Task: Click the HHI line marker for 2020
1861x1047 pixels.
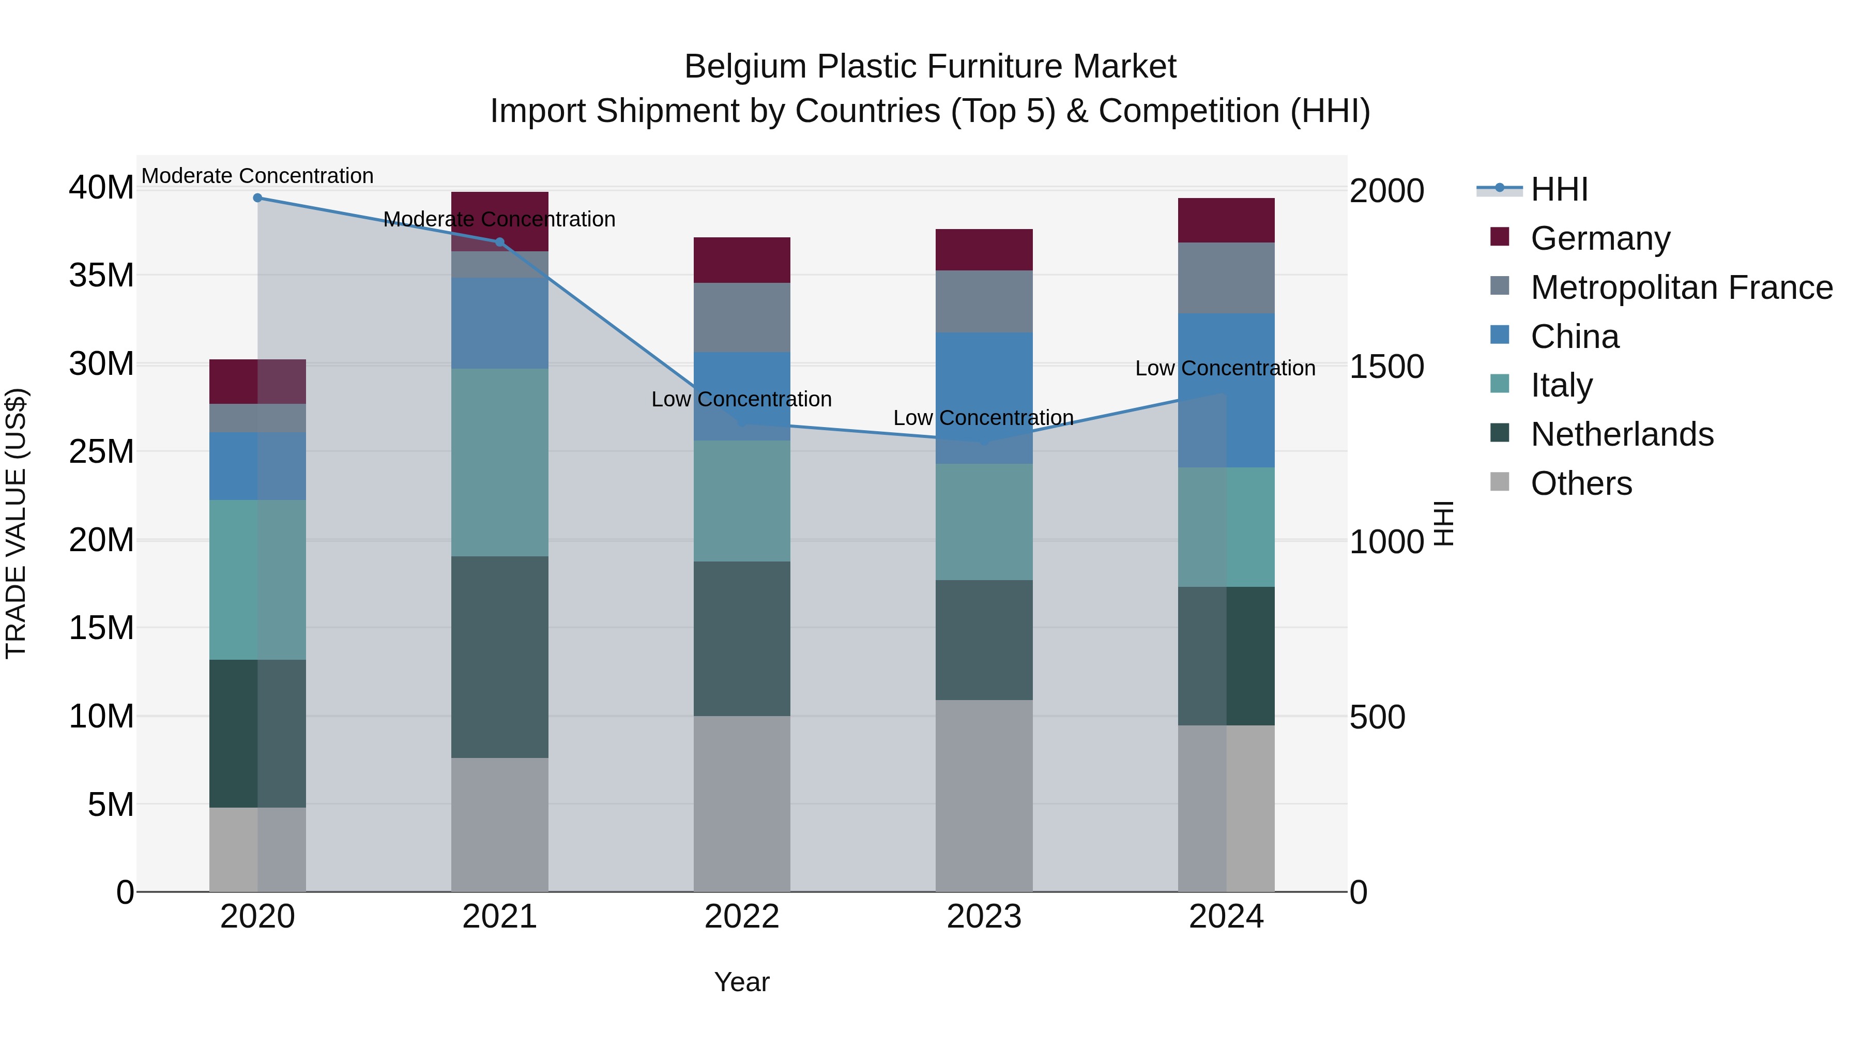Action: tap(257, 198)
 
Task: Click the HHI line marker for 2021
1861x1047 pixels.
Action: tap(499, 242)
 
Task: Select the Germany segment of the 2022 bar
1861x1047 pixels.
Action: tap(741, 260)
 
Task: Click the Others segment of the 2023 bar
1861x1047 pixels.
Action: tap(984, 795)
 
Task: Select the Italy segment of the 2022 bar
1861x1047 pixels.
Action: tap(741, 500)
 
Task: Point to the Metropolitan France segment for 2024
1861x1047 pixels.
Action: tap(1226, 278)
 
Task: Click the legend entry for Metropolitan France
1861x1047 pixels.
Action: tap(1681, 287)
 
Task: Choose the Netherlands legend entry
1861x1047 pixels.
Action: tap(1622, 434)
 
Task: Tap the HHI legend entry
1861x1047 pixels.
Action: tap(1559, 189)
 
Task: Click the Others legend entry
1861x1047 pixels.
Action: tap(1581, 483)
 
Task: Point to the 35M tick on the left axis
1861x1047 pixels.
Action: tap(102, 275)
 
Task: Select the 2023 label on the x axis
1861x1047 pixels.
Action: tap(984, 917)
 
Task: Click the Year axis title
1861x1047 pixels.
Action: tap(741, 982)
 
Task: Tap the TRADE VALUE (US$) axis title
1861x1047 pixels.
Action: tap(16, 523)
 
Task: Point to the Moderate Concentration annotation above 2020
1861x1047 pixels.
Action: tap(257, 176)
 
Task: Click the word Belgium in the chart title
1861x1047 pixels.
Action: tap(744, 67)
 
